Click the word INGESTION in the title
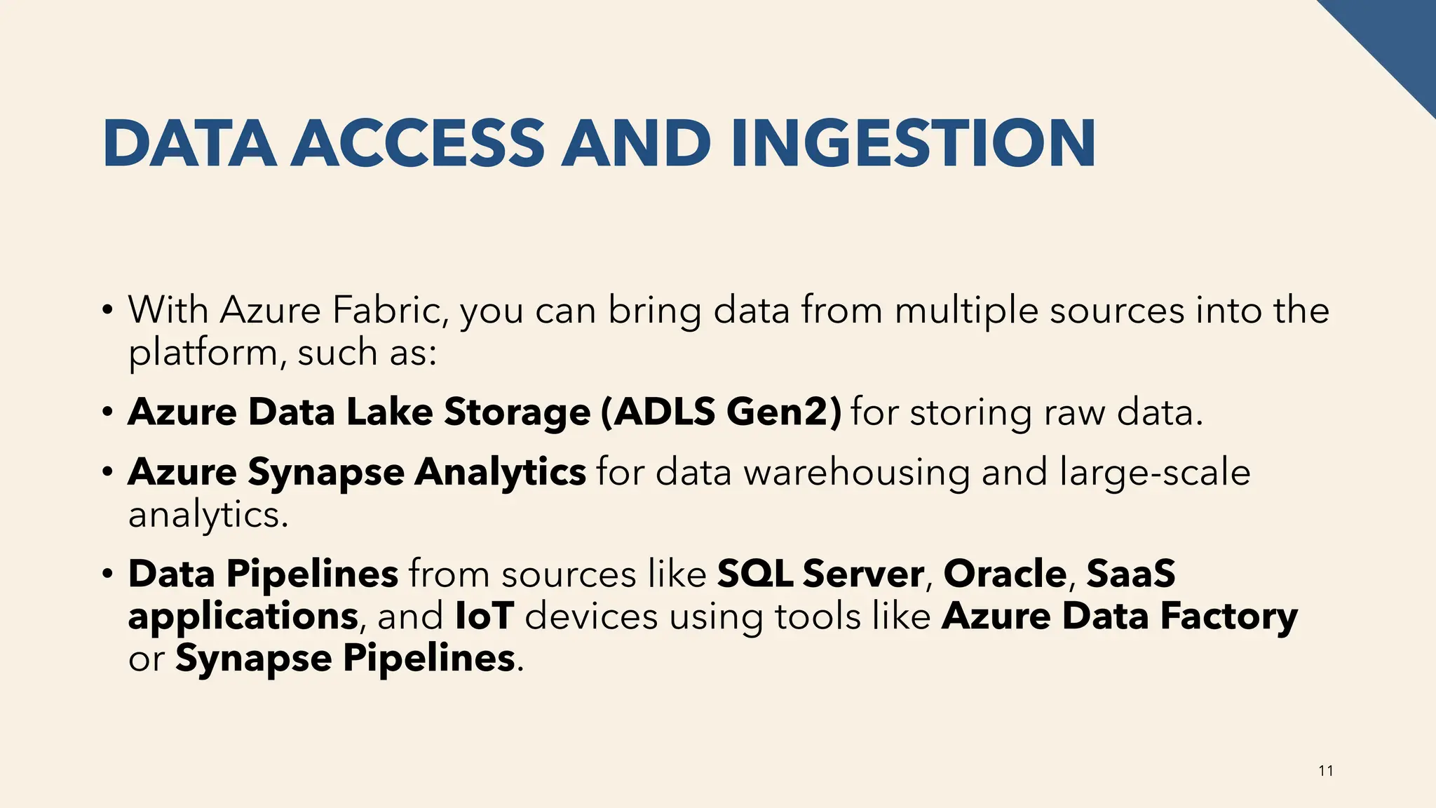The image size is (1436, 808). click(x=912, y=144)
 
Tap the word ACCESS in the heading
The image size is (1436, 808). click(x=418, y=144)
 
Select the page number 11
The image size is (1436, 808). click(x=1326, y=771)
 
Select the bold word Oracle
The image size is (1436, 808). click(x=1005, y=574)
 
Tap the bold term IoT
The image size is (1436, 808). click(x=485, y=616)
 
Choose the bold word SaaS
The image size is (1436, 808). click(x=1130, y=574)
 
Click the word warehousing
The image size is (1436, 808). click(x=857, y=472)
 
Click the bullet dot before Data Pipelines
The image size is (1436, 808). click(x=107, y=574)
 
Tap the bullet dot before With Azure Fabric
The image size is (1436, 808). click(x=107, y=310)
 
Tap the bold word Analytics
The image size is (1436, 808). click(x=500, y=472)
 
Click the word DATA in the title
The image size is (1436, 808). click(x=189, y=144)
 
